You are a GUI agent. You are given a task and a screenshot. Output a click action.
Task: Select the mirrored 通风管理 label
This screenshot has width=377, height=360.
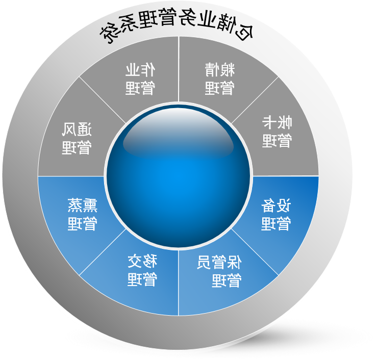(77, 138)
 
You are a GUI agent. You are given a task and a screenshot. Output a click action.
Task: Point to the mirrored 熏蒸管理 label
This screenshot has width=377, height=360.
(83, 214)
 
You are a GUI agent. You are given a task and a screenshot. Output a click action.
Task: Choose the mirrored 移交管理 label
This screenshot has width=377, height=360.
(142, 270)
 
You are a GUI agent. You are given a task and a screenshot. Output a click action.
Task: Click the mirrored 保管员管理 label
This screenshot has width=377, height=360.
(219, 271)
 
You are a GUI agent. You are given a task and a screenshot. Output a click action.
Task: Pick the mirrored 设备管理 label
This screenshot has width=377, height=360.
(276, 214)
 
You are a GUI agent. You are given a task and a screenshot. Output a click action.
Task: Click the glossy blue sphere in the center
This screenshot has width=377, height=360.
(178, 176)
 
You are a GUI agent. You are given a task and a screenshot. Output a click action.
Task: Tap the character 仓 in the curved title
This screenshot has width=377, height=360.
(243, 31)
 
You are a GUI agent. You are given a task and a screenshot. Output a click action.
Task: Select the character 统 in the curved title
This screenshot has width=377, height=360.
(109, 33)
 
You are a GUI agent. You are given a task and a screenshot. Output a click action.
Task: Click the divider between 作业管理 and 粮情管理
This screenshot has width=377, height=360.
(179, 69)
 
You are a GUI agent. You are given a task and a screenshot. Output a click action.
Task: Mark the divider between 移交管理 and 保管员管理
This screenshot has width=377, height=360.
(179, 283)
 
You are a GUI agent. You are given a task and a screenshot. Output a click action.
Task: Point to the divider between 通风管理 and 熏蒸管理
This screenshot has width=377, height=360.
(71, 176)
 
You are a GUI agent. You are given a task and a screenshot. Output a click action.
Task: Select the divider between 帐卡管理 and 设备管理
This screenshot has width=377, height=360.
(286, 176)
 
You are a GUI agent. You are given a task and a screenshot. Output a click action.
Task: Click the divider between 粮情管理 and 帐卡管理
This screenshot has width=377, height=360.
(255, 100)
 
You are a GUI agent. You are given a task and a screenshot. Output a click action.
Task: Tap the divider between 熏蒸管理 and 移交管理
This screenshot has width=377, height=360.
(102, 252)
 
